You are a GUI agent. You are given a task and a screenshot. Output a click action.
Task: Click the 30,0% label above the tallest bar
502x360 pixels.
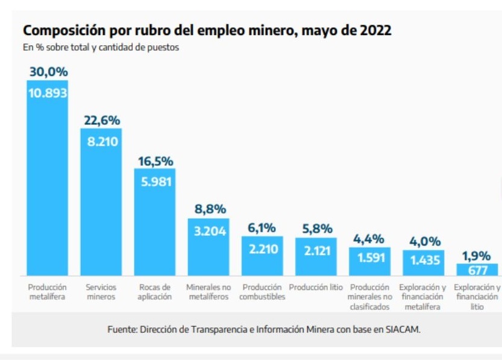[x=48, y=72]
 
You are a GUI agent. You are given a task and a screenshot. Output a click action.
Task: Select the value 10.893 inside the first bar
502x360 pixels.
[x=48, y=93]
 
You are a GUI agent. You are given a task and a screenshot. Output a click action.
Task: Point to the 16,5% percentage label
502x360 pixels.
[x=155, y=161]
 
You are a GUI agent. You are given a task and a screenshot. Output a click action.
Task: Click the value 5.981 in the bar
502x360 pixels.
[x=155, y=182]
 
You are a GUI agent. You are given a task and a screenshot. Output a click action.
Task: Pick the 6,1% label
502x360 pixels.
[x=262, y=228]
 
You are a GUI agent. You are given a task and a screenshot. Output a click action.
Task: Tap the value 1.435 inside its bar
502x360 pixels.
[x=424, y=261]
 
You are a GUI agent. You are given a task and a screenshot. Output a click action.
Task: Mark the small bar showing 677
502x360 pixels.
[x=477, y=270]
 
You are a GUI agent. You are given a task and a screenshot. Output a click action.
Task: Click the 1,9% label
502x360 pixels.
[x=477, y=255]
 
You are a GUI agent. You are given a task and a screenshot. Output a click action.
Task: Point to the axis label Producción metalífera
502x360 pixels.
[x=48, y=292]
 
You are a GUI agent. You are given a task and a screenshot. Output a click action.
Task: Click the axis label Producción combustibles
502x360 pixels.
[x=262, y=292]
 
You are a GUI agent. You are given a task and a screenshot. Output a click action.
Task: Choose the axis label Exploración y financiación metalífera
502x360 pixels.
[x=423, y=297]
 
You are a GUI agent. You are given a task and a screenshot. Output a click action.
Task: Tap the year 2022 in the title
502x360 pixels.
[x=375, y=30]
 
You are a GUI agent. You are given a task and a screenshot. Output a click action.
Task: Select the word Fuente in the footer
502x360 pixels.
[x=121, y=330]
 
